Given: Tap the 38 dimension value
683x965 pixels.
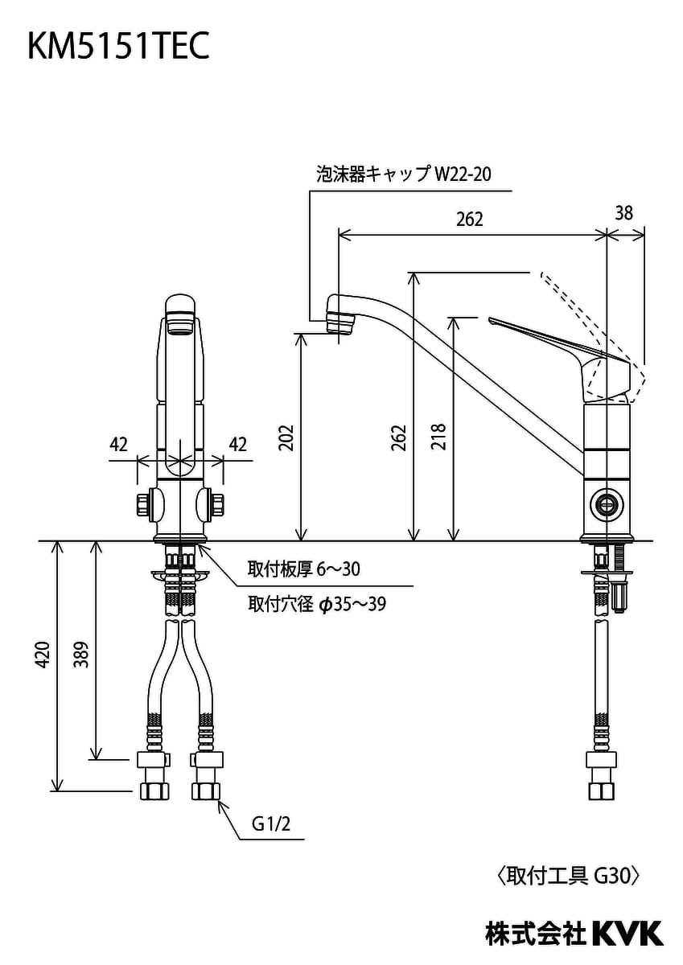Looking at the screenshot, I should click(623, 213).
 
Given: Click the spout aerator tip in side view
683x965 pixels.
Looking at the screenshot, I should click(340, 315).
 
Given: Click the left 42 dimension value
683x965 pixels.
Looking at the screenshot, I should click(119, 445).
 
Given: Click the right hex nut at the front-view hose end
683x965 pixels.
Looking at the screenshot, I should click(207, 790).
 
